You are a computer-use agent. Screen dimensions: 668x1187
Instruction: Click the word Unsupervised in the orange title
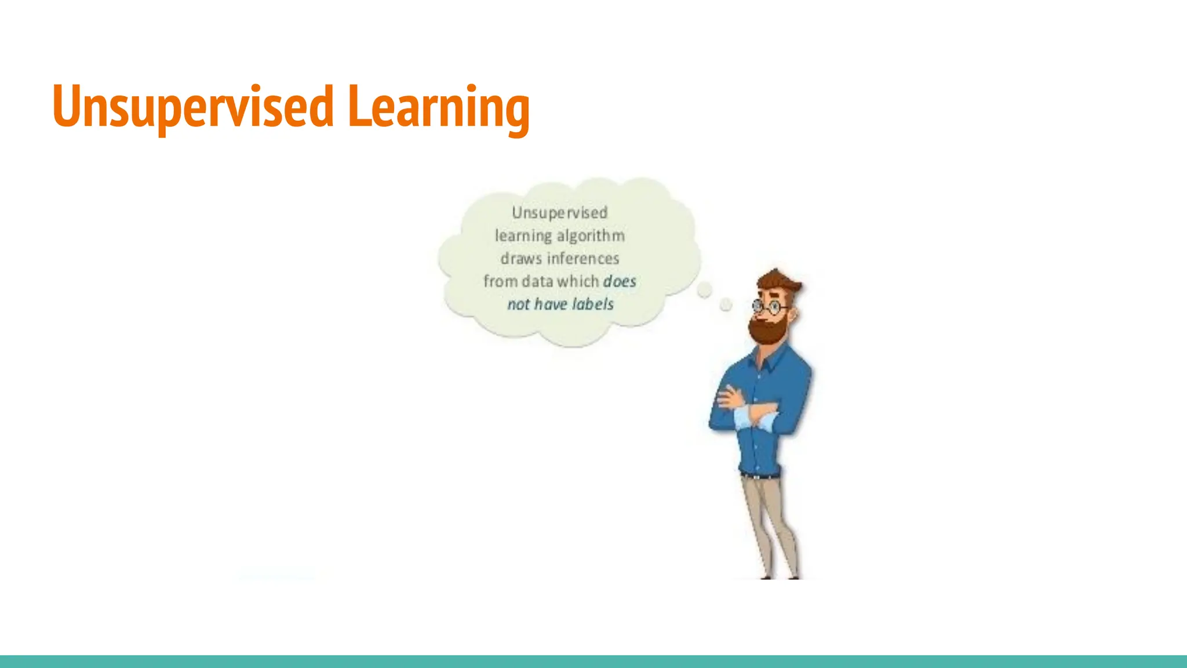pyautogui.click(x=193, y=107)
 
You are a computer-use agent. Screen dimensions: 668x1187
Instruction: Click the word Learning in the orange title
pyautogui.click(x=438, y=107)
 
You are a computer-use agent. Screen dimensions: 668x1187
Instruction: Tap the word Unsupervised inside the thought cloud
pyautogui.click(x=559, y=213)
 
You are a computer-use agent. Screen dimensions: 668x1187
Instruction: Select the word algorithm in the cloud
pyautogui.click(x=591, y=236)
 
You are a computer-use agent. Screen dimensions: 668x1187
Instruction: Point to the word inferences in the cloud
pyautogui.click(x=583, y=259)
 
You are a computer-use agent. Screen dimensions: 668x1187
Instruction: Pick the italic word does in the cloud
pyautogui.click(x=620, y=282)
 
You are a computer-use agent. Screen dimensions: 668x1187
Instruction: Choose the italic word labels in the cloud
pyautogui.click(x=592, y=304)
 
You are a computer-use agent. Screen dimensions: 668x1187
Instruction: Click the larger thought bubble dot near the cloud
pyautogui.click(x=704, y=290)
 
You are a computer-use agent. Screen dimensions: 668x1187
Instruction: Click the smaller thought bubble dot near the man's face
pyautogui.click(x=726, y=304)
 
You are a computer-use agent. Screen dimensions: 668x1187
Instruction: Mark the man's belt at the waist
pyautogui.click(x=759, y=475)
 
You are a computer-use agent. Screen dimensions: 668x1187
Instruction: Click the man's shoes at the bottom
pyautogui.click(x=780, y=576)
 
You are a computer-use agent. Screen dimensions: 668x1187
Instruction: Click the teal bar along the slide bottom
pyautogui.click(x=593, y=662)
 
